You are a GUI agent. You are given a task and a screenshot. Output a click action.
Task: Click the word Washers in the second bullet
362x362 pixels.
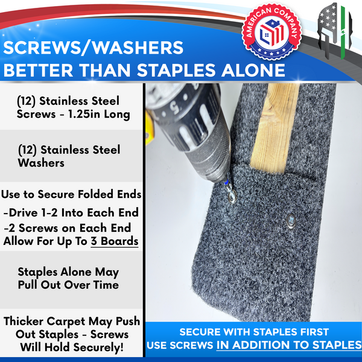pyautogui.click(x=43, y=162)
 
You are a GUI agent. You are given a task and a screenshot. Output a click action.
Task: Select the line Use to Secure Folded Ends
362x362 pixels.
pyautogui.click(x=72, y=194)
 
